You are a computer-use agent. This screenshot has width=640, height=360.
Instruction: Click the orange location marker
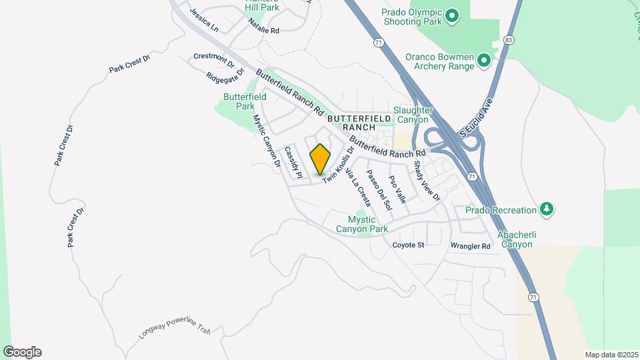(321, 159)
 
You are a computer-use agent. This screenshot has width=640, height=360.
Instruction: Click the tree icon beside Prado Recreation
(547, 210)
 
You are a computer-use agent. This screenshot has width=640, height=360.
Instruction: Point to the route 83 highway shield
(509, 40)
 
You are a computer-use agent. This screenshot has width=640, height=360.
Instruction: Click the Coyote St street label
(408, 245)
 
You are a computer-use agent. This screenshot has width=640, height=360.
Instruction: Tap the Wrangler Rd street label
(470, 246)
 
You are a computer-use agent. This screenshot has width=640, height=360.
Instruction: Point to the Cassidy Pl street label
(293, 163)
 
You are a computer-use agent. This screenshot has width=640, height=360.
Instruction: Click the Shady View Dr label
(427, 181)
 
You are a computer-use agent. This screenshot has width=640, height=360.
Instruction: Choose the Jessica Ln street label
(204, 20)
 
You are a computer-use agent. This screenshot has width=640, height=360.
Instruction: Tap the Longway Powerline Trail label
(174, 327)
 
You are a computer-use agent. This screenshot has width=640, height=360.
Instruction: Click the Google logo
(22, 352)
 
